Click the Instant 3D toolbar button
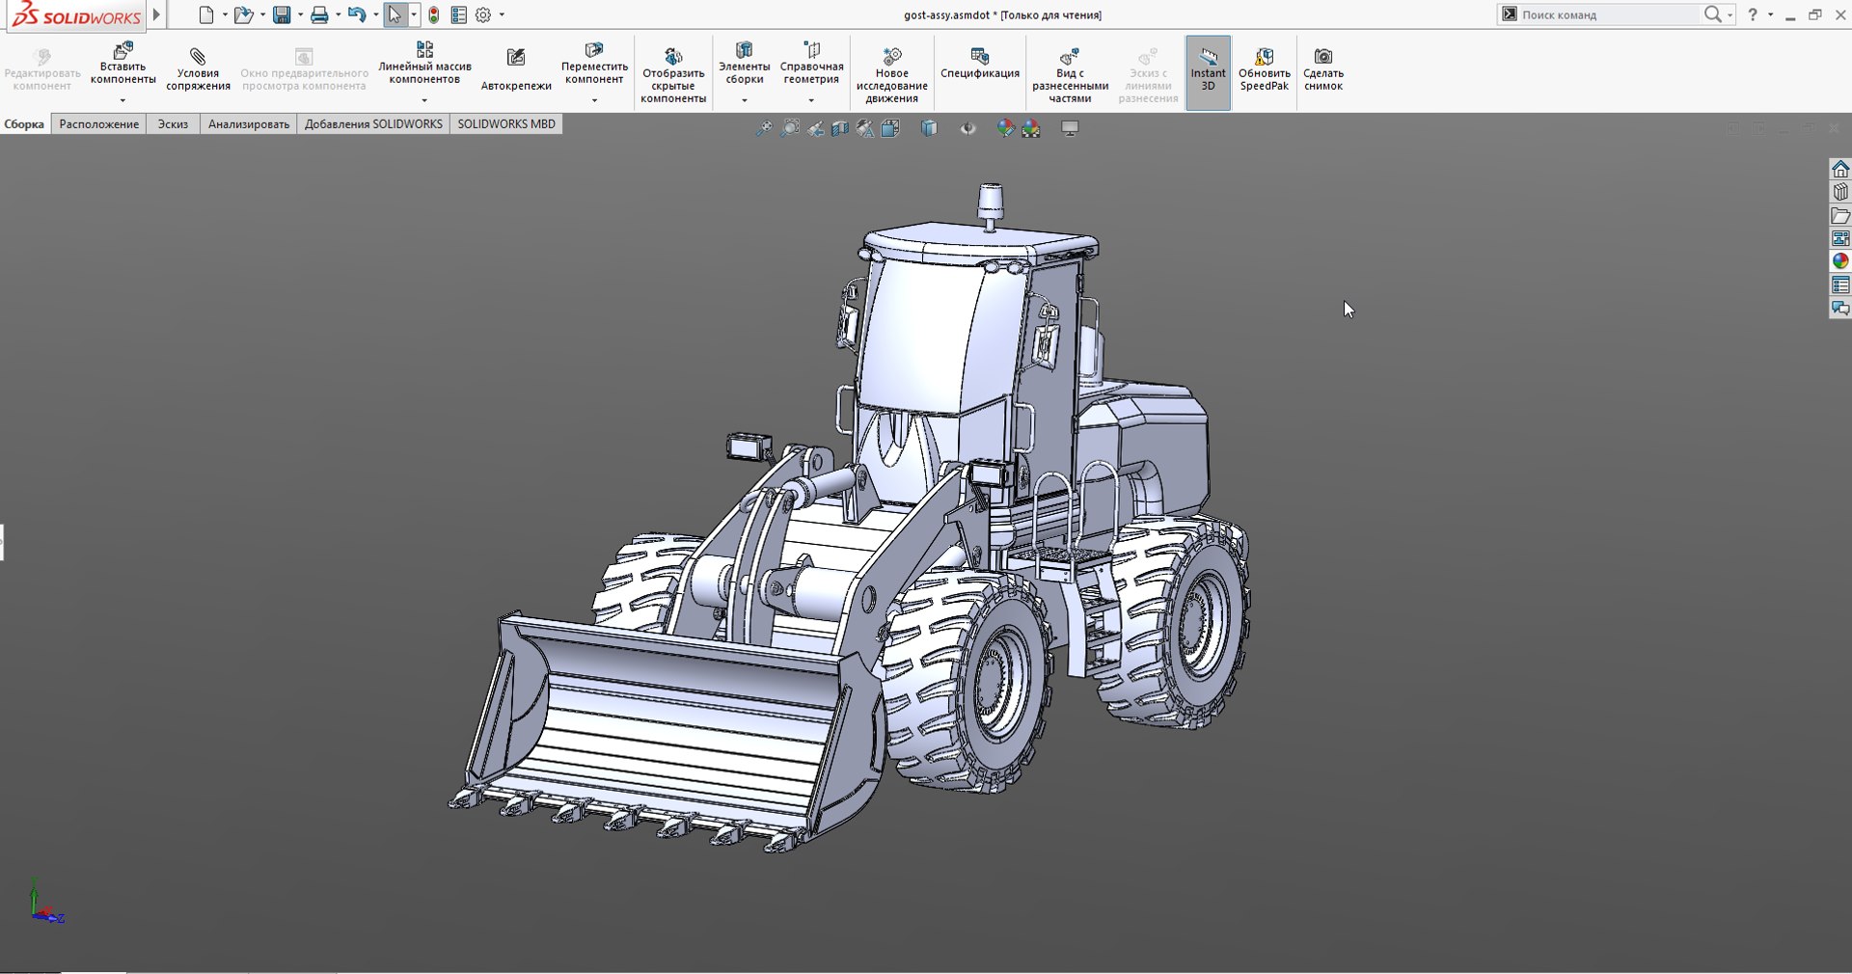click(1208, 72)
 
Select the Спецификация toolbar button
click(979, 64)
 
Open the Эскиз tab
click(173, 124)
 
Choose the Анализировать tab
click(248, 124)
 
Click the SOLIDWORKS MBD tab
click(505, 124)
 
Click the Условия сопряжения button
click(198, 69)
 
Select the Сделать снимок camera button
click(1322, 69)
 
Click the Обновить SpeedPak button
click(1264, 69)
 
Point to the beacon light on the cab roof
click(990, 203)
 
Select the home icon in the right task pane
click(1840, 169)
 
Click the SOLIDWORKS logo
click(77, 15)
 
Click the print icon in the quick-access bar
click(319, 15)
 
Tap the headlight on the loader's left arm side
click(749, 446)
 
